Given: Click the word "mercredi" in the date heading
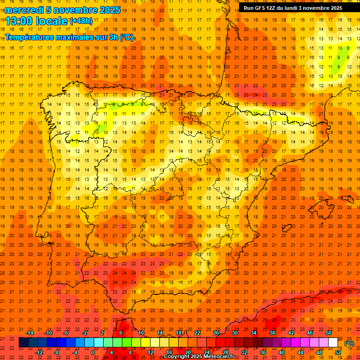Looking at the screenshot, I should point(24,10).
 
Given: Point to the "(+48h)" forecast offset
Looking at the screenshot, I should point(81,21).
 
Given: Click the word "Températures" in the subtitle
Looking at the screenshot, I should point(30,37).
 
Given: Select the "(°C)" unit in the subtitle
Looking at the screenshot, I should point(126,37).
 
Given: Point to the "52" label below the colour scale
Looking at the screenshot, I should point(338,352).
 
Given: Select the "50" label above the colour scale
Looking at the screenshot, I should point(329,332).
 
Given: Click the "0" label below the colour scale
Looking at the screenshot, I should point(93,352).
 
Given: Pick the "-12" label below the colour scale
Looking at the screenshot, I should point(39,352).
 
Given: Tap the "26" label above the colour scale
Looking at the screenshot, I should point(216,332).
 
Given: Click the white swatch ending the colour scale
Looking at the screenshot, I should point(333,343).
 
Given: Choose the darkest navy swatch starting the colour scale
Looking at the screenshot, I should point(23,343).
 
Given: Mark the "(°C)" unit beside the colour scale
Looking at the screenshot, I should point(349,343).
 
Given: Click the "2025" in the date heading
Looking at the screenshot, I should point(110,10).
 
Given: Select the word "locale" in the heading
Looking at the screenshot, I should point(52,21).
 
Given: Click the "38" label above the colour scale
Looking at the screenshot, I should point(272,332).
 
